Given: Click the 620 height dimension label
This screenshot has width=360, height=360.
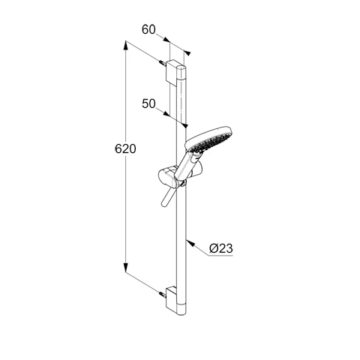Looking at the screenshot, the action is (x=125, y=148).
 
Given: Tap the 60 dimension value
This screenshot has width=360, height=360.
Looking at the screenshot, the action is (x=148, y=29).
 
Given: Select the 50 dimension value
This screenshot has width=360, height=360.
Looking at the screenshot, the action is (x=148, y=103).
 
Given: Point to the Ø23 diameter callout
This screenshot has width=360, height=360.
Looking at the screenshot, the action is (x=221, y=248).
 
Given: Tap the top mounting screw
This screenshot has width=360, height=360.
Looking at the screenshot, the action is (x=163, y=62).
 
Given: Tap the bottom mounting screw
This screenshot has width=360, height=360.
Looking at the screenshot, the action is (x=163, y=293).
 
